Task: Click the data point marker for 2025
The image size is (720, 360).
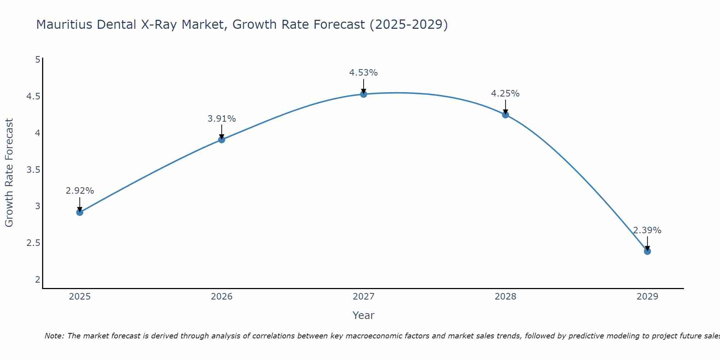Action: (80, 212)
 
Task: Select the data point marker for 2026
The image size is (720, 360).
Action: (222, 140)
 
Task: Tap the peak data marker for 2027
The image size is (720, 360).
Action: (364, 94)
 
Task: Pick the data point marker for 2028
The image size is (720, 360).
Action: (505, 115)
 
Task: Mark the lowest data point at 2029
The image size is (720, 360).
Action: (647, 251)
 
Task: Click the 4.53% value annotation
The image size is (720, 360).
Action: (364, 73)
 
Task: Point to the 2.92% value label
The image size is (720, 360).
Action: (80, 191)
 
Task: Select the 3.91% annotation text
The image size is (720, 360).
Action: (222, 118)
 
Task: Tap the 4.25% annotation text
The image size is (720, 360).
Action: (505, 94)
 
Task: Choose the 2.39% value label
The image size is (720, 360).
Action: (647, 230)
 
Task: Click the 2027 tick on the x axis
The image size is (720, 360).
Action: (364, 297)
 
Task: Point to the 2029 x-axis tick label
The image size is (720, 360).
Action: (647, 297)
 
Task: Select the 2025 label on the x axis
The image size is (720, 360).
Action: (80, 297)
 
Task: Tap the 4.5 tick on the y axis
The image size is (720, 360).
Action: (33, 96)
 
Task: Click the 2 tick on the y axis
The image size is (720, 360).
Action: (38, 279)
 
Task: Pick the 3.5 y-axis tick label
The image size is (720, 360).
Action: (33, 170)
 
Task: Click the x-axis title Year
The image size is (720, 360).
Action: (364, 315)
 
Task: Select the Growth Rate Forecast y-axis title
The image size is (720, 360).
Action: (9, 173)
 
